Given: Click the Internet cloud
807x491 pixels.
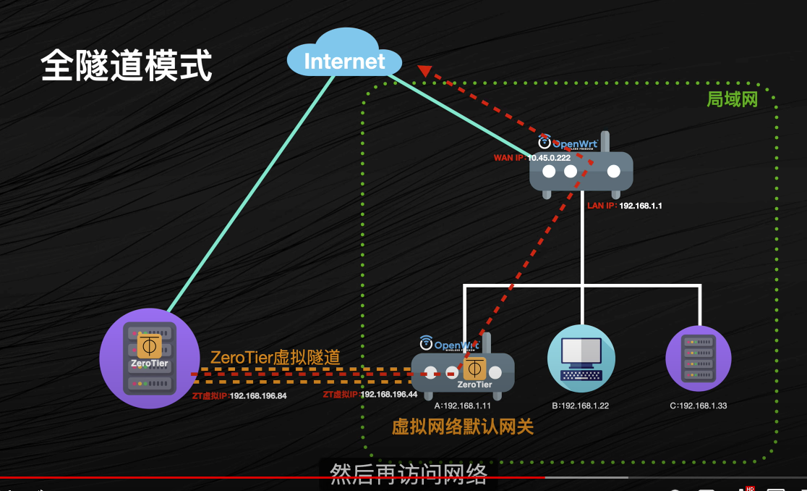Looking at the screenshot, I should click(344, 59).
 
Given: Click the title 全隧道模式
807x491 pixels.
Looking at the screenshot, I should click(127, 65).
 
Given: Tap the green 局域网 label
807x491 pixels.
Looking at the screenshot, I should click(733, 100).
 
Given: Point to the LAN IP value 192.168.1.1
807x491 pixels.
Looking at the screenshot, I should click(641, 206).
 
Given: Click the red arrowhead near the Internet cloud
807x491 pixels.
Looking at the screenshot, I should click(424, 71).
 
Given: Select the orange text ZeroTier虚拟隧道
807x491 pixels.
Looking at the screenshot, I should click(275, 357).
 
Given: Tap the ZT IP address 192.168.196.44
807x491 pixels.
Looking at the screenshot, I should click(388, 394).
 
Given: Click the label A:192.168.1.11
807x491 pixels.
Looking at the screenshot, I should click(463, 406).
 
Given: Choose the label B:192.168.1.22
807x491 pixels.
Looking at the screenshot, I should click(580, 406).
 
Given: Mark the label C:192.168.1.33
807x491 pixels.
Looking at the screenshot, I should click(698, 406).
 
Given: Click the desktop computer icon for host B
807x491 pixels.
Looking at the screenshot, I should click(581, 358).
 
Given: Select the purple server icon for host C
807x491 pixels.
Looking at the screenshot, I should click(698, 358).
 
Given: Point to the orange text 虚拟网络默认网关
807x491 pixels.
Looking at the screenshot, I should click(463, 427).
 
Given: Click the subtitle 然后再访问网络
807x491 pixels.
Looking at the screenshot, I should click(409, 474).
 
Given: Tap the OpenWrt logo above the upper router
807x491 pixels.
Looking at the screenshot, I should click(568, 143).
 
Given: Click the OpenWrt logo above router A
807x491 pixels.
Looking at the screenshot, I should click(451, 343).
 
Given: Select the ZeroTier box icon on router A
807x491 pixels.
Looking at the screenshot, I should click(475, 368).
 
